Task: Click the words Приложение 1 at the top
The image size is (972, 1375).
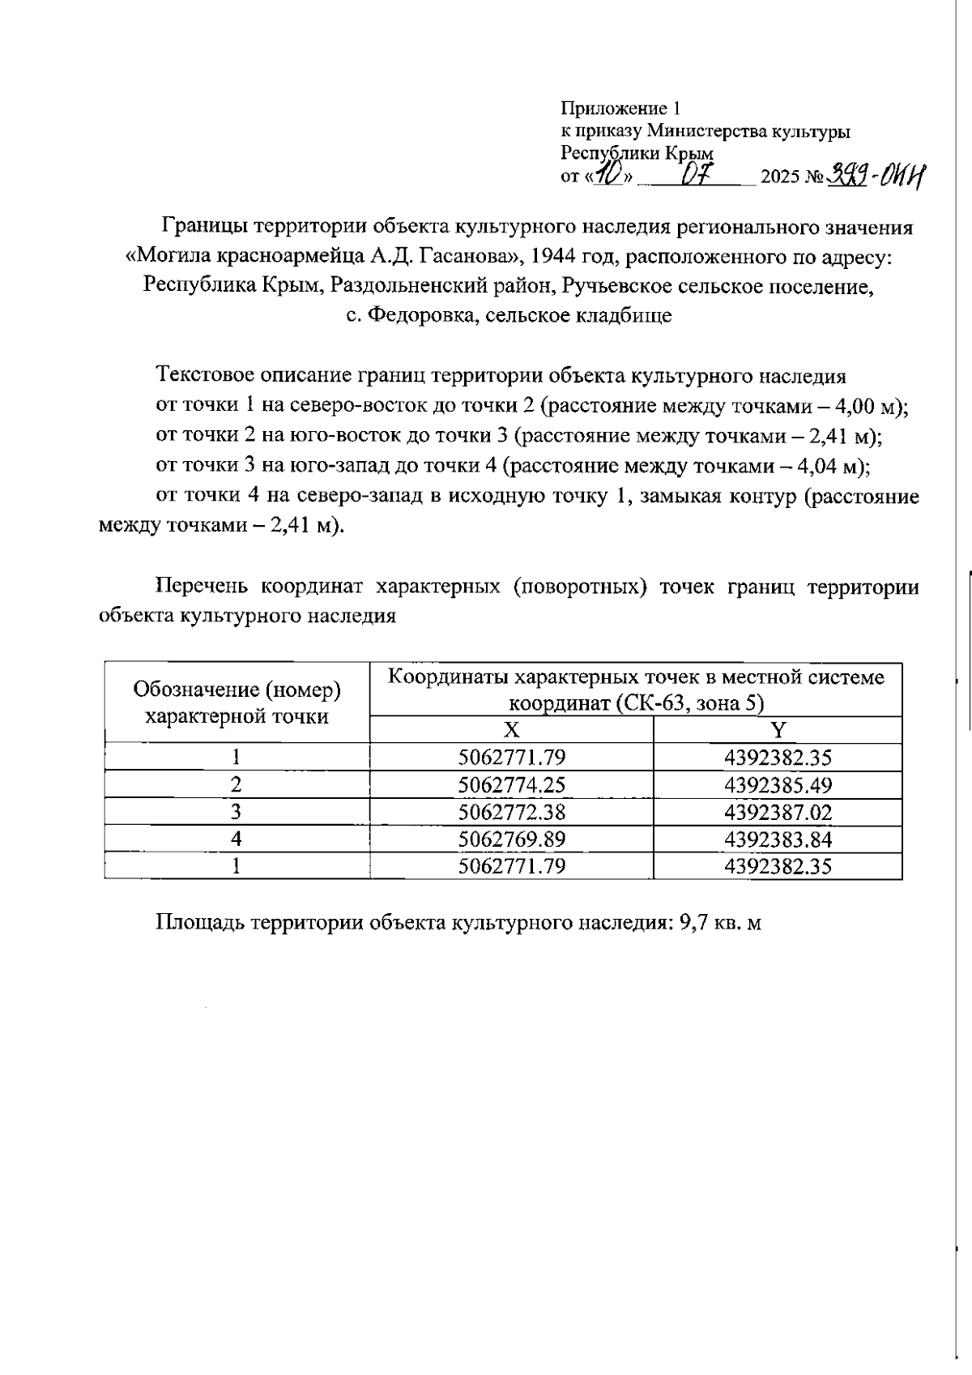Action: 621,109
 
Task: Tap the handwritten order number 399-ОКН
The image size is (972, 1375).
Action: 876,174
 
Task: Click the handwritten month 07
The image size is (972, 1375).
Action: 696,174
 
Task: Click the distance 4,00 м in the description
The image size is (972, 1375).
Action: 870,407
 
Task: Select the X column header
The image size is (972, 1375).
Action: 511,730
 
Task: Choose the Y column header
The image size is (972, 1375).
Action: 778,730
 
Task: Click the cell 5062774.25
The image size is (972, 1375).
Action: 511,785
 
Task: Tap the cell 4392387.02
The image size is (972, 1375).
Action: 778,812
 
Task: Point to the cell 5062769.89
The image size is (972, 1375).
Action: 511,839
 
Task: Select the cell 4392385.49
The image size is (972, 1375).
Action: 778,785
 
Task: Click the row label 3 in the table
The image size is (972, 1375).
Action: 236,812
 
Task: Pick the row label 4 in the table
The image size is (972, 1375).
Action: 236,839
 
